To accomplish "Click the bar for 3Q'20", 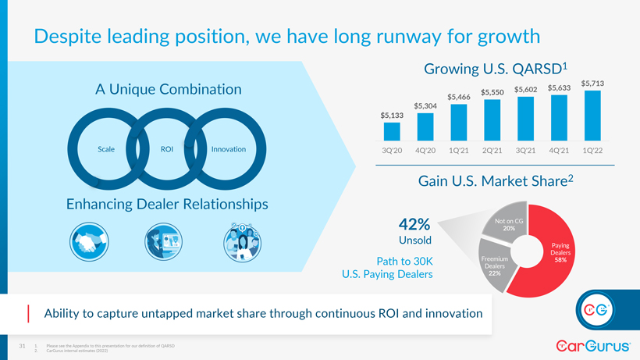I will tap(392, 134).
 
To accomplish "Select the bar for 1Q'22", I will tap(592, 116).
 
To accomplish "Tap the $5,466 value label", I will tap(459, 96).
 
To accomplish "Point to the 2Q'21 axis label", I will tap(492, 150).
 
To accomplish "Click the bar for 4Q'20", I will tap(425, 129).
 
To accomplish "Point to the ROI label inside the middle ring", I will tap(167, 149).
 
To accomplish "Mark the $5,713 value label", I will tap(593, 83).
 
